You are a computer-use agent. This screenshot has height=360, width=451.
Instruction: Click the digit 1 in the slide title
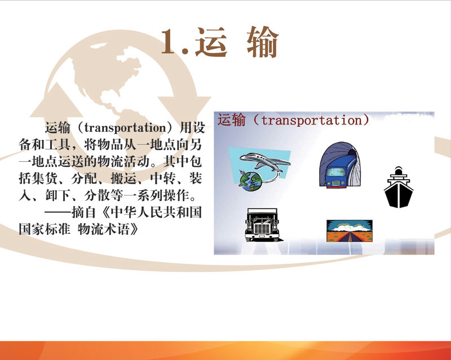(170, 42)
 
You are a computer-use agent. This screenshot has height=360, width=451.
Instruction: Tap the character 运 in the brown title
(211, 42)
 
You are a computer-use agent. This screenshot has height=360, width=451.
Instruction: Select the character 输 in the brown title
(263, 42)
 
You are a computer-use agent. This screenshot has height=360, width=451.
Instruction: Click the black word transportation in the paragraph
(125, 127)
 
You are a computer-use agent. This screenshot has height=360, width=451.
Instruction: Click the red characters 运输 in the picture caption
(232, 120)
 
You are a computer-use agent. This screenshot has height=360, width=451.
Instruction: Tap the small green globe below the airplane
(250, 181)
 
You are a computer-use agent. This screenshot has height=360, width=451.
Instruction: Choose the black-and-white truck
(262, 225)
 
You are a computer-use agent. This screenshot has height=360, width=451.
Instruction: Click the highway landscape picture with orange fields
(349, 231)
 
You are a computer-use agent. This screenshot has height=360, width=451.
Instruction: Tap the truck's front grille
(262, 229)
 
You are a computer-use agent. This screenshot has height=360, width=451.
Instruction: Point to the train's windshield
(336, 172)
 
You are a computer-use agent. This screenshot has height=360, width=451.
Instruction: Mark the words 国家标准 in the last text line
(45, 229)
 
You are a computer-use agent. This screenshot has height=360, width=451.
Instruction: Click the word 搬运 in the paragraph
(123, 179)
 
